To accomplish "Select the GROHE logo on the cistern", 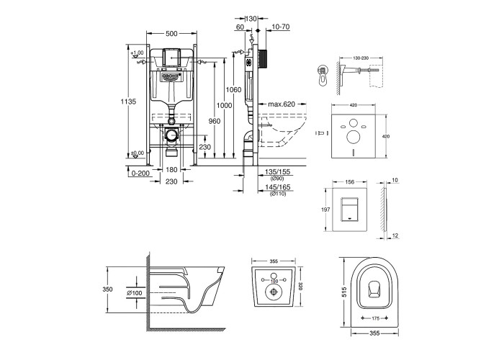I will point(171,73).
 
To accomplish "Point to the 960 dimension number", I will point(214,121).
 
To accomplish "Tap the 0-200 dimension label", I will point(140,173).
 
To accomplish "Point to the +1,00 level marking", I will point(138,53).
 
